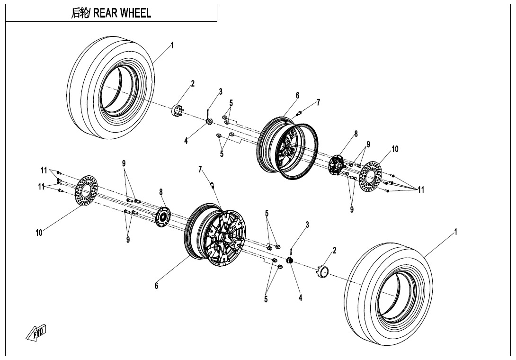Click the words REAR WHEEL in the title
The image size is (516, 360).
[122, 13]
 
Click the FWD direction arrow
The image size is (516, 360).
[36, 333]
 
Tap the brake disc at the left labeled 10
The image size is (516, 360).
[86, 191]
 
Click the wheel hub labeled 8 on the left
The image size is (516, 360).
[163, 216]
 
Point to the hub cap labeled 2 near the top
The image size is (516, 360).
[177, 111]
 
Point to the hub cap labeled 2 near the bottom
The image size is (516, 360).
[323, 271]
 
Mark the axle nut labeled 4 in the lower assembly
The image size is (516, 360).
[290, 261]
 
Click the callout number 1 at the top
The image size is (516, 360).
[172, 45]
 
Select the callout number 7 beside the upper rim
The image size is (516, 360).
[319, 102]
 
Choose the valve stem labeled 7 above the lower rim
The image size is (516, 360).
[213, 185]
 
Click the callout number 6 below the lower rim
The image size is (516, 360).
[157, 286]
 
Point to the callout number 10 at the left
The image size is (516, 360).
[39, 233]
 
